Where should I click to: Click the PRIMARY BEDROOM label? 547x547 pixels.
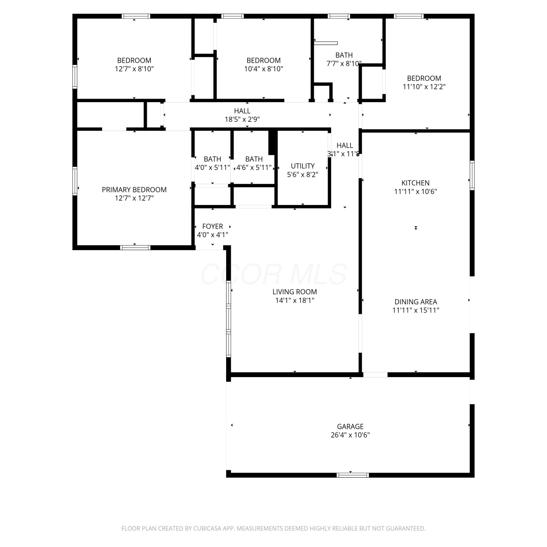point(134,190)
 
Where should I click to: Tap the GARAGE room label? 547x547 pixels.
point(350,426)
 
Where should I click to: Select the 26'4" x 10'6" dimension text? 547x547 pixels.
point(350,435)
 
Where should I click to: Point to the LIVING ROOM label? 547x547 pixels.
point(295,292)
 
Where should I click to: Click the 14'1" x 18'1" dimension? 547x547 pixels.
point(295,300)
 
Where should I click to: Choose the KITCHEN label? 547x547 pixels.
point(415,183)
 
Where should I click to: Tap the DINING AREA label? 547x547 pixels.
point(416,302)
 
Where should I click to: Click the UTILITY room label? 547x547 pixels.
point(303,166)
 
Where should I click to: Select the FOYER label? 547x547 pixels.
point(213,226)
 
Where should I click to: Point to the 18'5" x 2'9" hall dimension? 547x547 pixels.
point(242,119)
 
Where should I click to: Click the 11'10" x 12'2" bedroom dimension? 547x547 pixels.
point(424,87)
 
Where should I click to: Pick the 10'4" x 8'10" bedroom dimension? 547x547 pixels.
point(264,69)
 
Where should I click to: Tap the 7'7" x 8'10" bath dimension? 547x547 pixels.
point(344,63)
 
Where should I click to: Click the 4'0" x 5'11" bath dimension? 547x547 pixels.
point(213,168)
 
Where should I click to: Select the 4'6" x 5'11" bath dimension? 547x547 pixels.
point(254,168)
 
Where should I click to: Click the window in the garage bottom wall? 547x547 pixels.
point(353,475)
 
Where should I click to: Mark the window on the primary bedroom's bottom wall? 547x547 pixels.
point(135,248)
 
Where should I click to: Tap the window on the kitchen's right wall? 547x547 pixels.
point(472,175)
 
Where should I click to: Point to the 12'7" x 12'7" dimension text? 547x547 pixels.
point(134,198)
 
